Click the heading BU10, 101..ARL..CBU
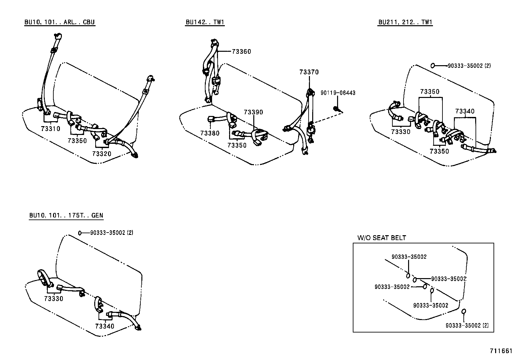coord(60,22)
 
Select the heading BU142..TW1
coord(205,22)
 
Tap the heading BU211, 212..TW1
coord(405,22)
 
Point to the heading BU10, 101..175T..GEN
coord(66,215)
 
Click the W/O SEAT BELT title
coord(381,238)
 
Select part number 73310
coord(51,129)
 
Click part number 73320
coord(101,154)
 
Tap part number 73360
coord(242,51)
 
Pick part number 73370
coord(309,72)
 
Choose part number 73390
coord(253,112)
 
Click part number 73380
coord(210,133)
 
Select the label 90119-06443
coord(338,93)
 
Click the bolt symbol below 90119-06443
coord(336,108)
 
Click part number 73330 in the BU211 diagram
coord(401,132)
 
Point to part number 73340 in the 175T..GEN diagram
coord(105,326)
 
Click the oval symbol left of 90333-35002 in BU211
coord(432,66)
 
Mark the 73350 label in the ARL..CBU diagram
coord(77,141)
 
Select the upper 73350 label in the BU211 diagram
coord(430,92)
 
